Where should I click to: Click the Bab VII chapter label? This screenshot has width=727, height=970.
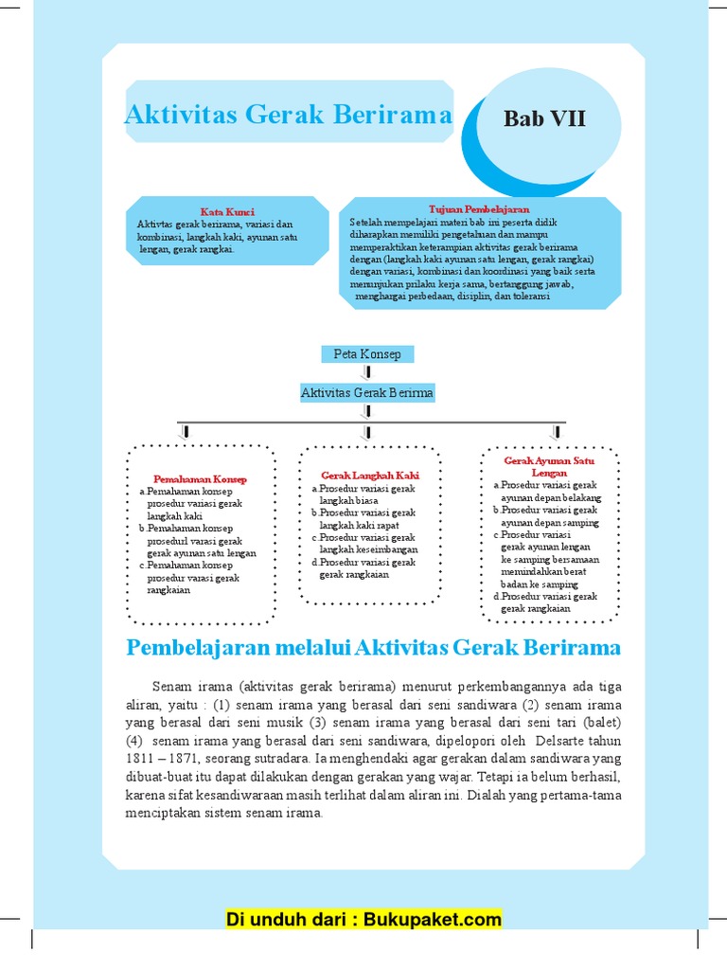click(x=544, y=119)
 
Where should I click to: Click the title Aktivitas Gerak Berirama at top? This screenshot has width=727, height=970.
click(x=289, y=116)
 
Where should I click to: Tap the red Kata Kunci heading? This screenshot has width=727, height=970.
click(x=227, y=211)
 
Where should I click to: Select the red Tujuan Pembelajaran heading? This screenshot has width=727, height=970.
click(x=479, y=208)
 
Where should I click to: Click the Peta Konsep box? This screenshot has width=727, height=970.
click(x=367, y=354)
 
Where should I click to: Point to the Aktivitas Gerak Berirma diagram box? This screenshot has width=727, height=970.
click(x=367, y=392)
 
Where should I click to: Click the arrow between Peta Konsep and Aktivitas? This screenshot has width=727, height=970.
click(x=367, y=373)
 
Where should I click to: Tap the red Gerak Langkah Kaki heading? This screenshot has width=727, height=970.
click(x=370, y=476)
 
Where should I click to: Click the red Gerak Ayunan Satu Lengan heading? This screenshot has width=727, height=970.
click(x=549, y=466)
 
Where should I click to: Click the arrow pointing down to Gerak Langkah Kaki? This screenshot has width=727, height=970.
click(x=367, y=432)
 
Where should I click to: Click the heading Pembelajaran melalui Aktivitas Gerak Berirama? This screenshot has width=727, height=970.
click(x=373, y=648)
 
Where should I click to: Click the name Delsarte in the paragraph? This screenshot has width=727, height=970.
click(x=552, y=740)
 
